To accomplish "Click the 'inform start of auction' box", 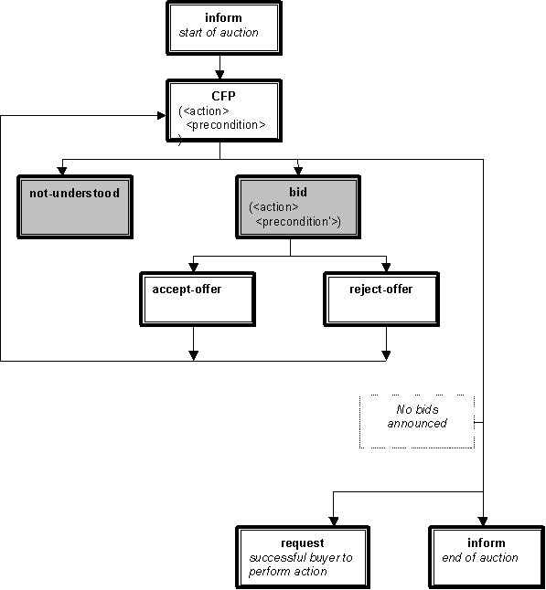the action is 224,28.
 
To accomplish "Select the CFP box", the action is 224,111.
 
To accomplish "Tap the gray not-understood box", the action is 75,207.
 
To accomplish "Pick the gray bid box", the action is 298,207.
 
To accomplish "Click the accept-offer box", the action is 198,300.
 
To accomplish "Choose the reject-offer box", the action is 381,300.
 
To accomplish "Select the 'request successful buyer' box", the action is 303,557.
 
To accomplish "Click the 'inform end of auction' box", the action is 487,557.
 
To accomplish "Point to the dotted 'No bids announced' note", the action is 417,421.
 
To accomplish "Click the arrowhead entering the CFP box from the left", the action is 162,115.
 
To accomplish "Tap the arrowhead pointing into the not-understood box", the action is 62,171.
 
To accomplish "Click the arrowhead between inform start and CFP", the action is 219,75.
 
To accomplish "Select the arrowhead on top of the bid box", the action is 298,171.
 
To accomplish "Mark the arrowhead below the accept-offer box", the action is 193,356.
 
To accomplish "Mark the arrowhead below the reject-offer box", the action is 386,356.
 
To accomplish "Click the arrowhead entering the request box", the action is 334,522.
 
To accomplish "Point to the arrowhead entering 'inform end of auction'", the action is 483,522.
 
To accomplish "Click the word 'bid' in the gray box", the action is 298,193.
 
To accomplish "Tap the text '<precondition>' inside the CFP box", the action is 226,125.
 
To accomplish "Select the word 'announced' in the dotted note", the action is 417,424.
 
